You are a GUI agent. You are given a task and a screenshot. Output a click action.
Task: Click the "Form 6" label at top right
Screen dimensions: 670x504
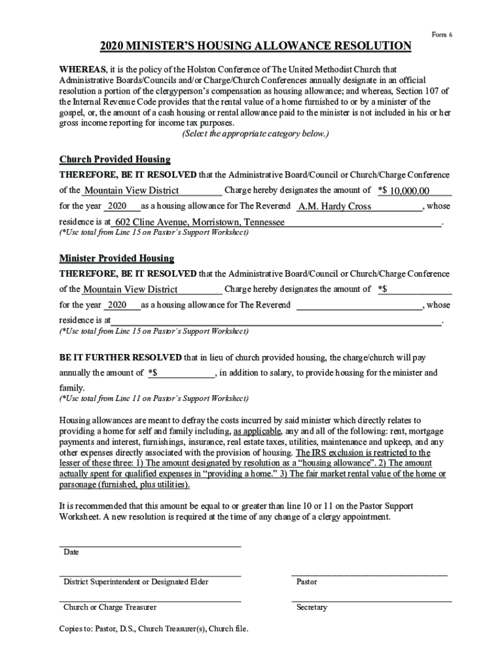coord(442,34)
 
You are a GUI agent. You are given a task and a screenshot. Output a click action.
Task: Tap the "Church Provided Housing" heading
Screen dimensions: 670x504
coord(115,160)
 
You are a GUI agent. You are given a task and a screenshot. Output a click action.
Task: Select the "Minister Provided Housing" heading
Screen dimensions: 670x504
coord(117,258)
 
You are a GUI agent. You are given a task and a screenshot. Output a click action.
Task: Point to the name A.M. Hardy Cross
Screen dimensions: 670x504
coord(334,206)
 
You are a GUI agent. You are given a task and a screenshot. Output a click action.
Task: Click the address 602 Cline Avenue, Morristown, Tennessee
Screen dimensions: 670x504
coord(200,222)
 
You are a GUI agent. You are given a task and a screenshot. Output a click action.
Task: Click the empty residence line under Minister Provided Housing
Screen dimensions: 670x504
coord(275,321)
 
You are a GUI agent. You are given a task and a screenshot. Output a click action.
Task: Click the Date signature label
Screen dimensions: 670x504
coord(71,552)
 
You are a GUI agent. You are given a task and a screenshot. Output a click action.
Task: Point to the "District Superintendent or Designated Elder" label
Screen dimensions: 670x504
coord(135,582)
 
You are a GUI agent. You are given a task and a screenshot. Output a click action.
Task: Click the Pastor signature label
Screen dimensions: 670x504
coord(306,582)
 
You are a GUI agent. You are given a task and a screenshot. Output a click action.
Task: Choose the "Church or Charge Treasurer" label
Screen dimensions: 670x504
coord(109,607)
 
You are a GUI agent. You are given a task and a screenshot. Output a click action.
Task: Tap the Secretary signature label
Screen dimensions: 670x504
coord(312,607)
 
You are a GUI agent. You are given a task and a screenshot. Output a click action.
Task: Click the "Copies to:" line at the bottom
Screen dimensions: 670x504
coord(154,629)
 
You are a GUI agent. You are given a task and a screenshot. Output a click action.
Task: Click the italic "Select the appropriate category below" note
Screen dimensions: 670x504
coord(255,134)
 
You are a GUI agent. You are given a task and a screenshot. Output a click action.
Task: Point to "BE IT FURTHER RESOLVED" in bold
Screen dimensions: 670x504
coord(121,358)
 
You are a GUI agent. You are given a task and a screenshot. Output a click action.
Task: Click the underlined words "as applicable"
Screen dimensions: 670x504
coord(257,431)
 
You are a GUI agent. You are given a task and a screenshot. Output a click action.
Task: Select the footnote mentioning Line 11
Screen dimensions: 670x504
coord(154,398)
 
